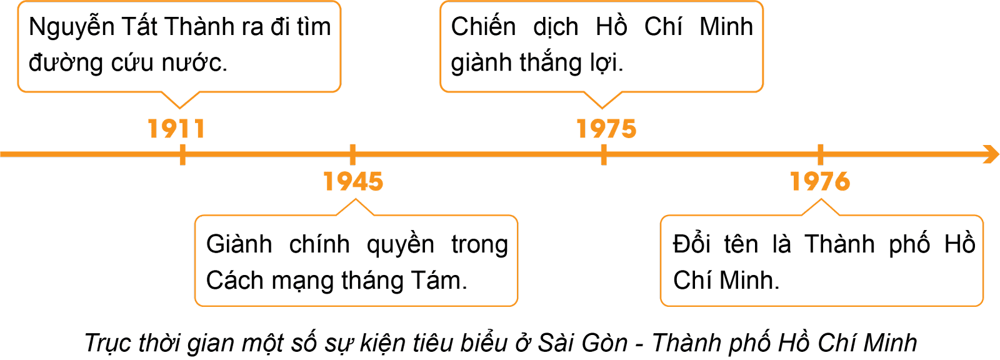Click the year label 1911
click(176, 129)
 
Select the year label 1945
click(353, 181)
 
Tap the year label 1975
click(606, 129)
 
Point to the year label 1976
click(820, 181)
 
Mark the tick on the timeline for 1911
click(182, 154)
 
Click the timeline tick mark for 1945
click(352, 154)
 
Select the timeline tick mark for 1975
click(603, 154)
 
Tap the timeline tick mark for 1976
click(820, 154)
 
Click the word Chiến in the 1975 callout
click(483, 27)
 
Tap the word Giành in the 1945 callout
click(239, 244)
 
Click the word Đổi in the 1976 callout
click(691, 244)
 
